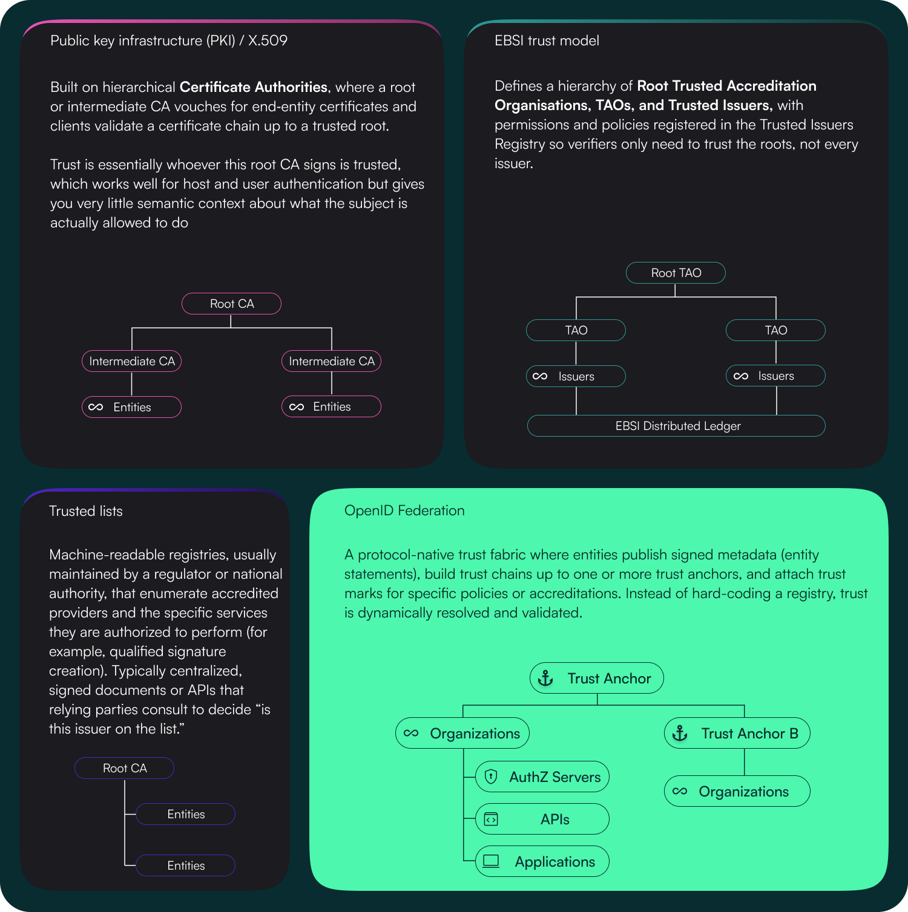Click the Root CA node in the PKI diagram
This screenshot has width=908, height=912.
coord(231,304)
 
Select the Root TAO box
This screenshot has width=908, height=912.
coord(676,273)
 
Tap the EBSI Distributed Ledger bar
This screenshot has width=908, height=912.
coord(676,426)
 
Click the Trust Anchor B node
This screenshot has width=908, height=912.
coord(737,734)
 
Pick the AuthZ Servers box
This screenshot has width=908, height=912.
coord(542,777)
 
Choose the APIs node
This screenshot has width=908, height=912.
coord(542,819)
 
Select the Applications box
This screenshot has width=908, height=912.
coord(542,862)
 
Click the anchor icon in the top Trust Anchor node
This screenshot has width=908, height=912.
coord(546,679)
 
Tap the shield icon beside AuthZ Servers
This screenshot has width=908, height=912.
coord(491,777)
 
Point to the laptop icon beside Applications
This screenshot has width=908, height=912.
coord(491,861)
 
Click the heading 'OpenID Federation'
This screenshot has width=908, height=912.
coord(404,510)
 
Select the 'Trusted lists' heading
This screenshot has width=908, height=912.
coord(86,511)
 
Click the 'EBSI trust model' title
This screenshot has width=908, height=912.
coord(547,41)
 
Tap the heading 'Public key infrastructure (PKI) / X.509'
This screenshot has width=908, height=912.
coord(169,41)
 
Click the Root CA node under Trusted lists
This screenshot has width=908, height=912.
coord(124,768)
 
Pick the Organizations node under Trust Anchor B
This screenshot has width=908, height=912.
coord(737,792)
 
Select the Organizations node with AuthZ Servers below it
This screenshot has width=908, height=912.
coord(462,734)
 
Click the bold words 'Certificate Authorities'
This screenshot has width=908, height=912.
coord(254,87)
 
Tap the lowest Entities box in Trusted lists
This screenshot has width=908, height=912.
coord(185,865)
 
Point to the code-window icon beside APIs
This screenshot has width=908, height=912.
coord(491,819)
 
